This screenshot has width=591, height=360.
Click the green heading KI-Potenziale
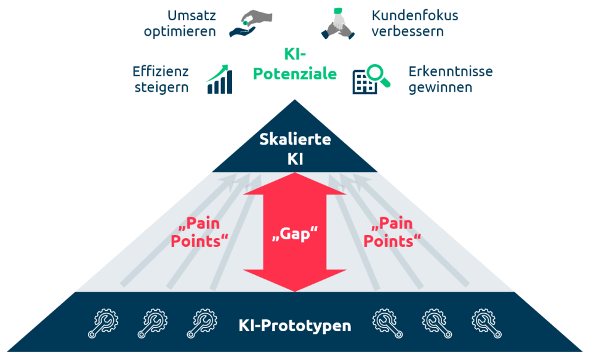[x=295, y=64]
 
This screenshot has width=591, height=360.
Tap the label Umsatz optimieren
[x=180, y=23]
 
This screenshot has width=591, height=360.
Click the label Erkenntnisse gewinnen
[x=451, y=79]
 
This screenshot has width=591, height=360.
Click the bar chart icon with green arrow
[x=220, y=80]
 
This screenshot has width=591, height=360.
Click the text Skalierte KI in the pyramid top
[x=295, y=148]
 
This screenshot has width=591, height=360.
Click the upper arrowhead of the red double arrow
[x=295, y=185]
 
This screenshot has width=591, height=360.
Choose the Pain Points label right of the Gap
[x=392, y=232]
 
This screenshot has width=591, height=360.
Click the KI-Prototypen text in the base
[x=295, y=324]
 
